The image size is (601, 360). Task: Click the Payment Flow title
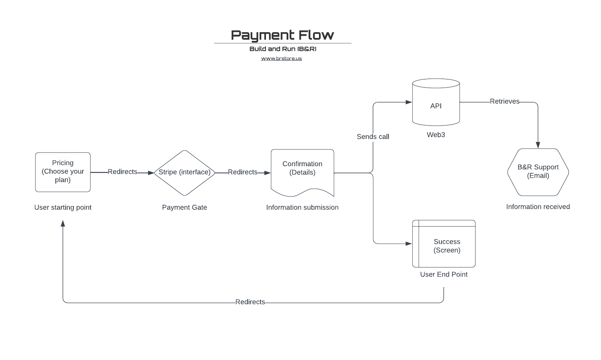(x=282, y=35)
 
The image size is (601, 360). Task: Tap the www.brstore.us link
(x=281, y=58)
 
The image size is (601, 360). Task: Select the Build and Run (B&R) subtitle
(x=282, y=49)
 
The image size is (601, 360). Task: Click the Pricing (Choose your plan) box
(x=63, y=172)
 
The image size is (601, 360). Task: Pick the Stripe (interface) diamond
(x=185, y=173)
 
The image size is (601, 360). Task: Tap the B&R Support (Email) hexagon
(x=538, y=172)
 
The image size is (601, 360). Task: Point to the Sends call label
(x=373, y=137)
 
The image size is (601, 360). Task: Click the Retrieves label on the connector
(x=504, y=101)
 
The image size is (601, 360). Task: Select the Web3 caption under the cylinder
(x=436, y=135)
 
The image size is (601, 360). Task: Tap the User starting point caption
(x=63, y=208)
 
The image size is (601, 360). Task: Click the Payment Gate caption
(x=185, y=208)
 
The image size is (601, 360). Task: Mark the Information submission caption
(x=302, y=208)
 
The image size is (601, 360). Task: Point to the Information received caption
(x=538, y=207)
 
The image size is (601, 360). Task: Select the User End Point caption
(x=444, y=274)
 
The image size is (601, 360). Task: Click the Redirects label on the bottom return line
(x=250, y=302)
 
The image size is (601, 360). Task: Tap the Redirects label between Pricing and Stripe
(x=123, y=172)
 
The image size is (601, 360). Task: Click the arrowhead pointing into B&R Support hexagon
(x=538, y=145)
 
